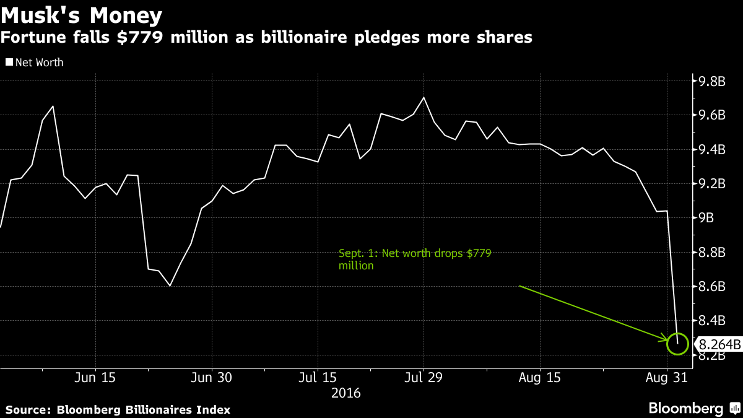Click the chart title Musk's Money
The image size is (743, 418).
82,15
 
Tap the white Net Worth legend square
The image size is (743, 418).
9,62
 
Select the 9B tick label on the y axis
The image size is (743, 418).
706,218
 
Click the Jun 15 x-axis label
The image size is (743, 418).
96,377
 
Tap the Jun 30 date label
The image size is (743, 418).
212,377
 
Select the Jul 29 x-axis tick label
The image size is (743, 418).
424,377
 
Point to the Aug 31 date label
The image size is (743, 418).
666,377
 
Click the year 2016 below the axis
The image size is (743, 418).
346,393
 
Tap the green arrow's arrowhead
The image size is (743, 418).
666,340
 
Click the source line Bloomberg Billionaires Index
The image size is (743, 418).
118,409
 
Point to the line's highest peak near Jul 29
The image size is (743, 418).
424,98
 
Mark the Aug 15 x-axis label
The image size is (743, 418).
539,377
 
